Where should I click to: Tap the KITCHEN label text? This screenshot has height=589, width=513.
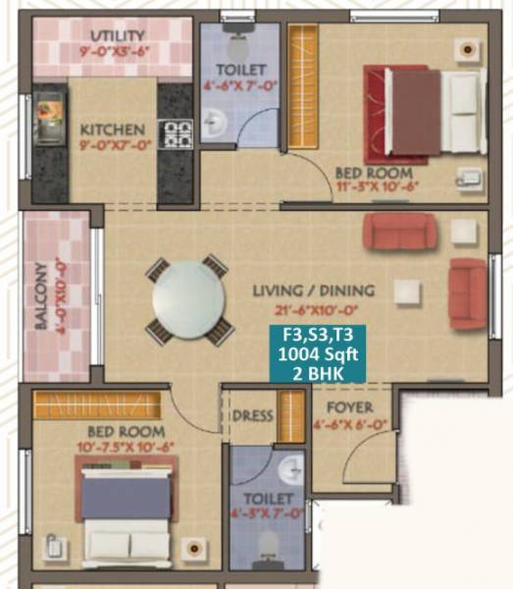[112, 130]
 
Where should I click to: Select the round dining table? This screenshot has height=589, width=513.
[189, 299]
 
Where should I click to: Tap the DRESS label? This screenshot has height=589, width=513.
[252, 416]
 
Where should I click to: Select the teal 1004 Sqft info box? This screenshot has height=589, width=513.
[318, 354]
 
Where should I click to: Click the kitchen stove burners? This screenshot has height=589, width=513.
[177, 133]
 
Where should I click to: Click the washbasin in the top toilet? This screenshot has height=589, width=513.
[216, 123]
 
